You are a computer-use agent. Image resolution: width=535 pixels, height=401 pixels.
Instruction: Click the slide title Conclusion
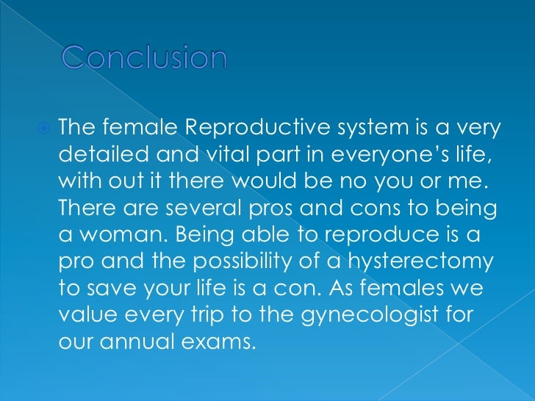coord(144,58)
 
